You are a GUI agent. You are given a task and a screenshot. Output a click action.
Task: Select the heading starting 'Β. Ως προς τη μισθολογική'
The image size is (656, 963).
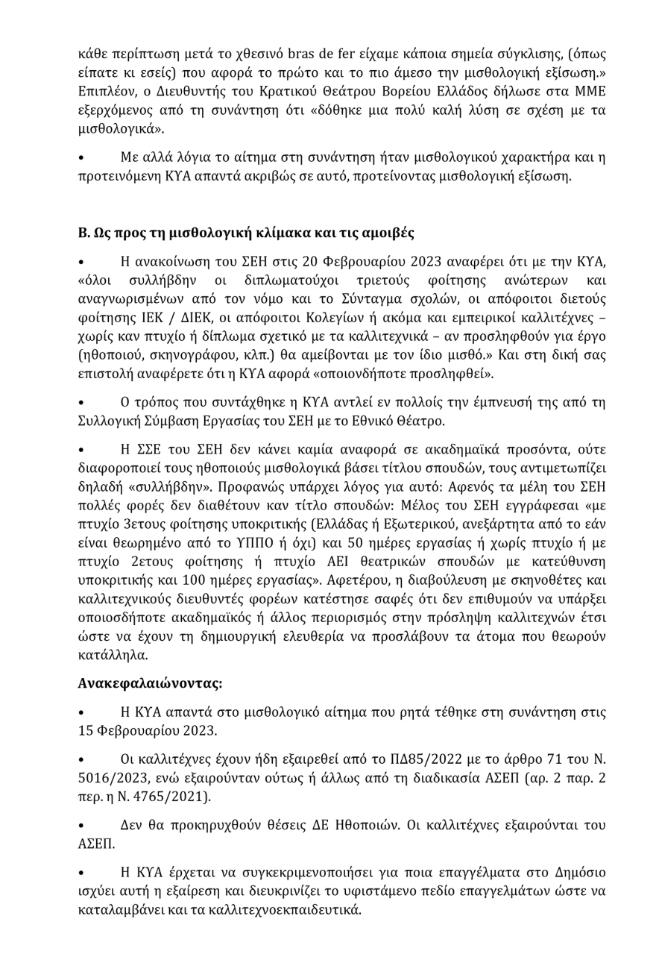[246, 233]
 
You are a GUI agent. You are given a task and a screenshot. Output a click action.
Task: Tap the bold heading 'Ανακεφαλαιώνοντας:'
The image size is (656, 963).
[151, 681]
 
